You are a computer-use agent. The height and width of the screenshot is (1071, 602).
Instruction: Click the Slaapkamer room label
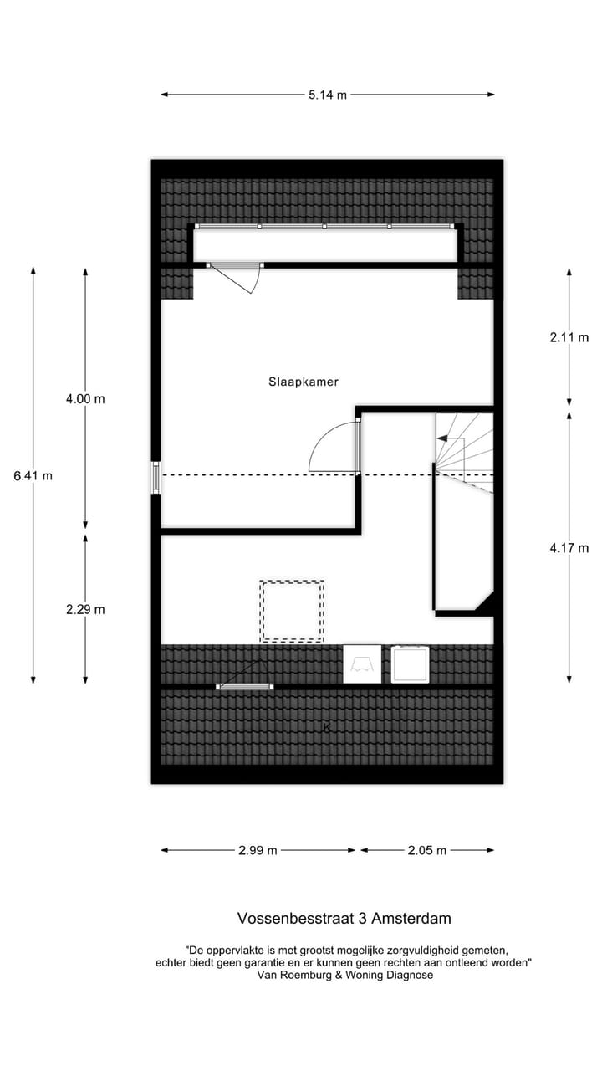point(303,382)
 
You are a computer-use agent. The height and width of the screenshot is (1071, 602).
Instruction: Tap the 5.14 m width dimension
point(327,95)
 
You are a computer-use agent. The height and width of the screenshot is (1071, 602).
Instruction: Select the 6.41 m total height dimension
point(33,475)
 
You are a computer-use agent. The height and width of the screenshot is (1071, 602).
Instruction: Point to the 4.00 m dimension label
point(85,399)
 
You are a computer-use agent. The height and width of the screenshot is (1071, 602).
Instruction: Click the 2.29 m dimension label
point(85,609)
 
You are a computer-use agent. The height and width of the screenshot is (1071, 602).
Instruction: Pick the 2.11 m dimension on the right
point(569,338)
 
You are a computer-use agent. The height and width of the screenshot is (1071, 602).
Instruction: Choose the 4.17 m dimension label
point(569,548)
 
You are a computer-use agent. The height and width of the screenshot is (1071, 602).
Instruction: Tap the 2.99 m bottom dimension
point(258,850)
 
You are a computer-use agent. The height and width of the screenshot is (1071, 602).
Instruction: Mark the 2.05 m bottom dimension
point(426,850)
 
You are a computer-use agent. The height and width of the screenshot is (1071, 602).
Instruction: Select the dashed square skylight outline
point(291,611)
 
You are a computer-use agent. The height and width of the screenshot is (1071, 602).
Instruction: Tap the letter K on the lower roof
point(326,727)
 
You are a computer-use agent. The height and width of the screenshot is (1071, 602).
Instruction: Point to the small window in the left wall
point(155,477)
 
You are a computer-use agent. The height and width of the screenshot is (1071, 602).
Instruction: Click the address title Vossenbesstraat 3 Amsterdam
point(344,918)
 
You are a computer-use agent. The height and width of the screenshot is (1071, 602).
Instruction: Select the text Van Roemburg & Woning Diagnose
point(344,975)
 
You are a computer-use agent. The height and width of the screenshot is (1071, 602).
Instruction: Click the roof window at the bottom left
point(244,686)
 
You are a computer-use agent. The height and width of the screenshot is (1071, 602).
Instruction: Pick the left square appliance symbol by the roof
point(361,664)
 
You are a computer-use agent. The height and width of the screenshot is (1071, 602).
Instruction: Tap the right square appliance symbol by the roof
point(410,664)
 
